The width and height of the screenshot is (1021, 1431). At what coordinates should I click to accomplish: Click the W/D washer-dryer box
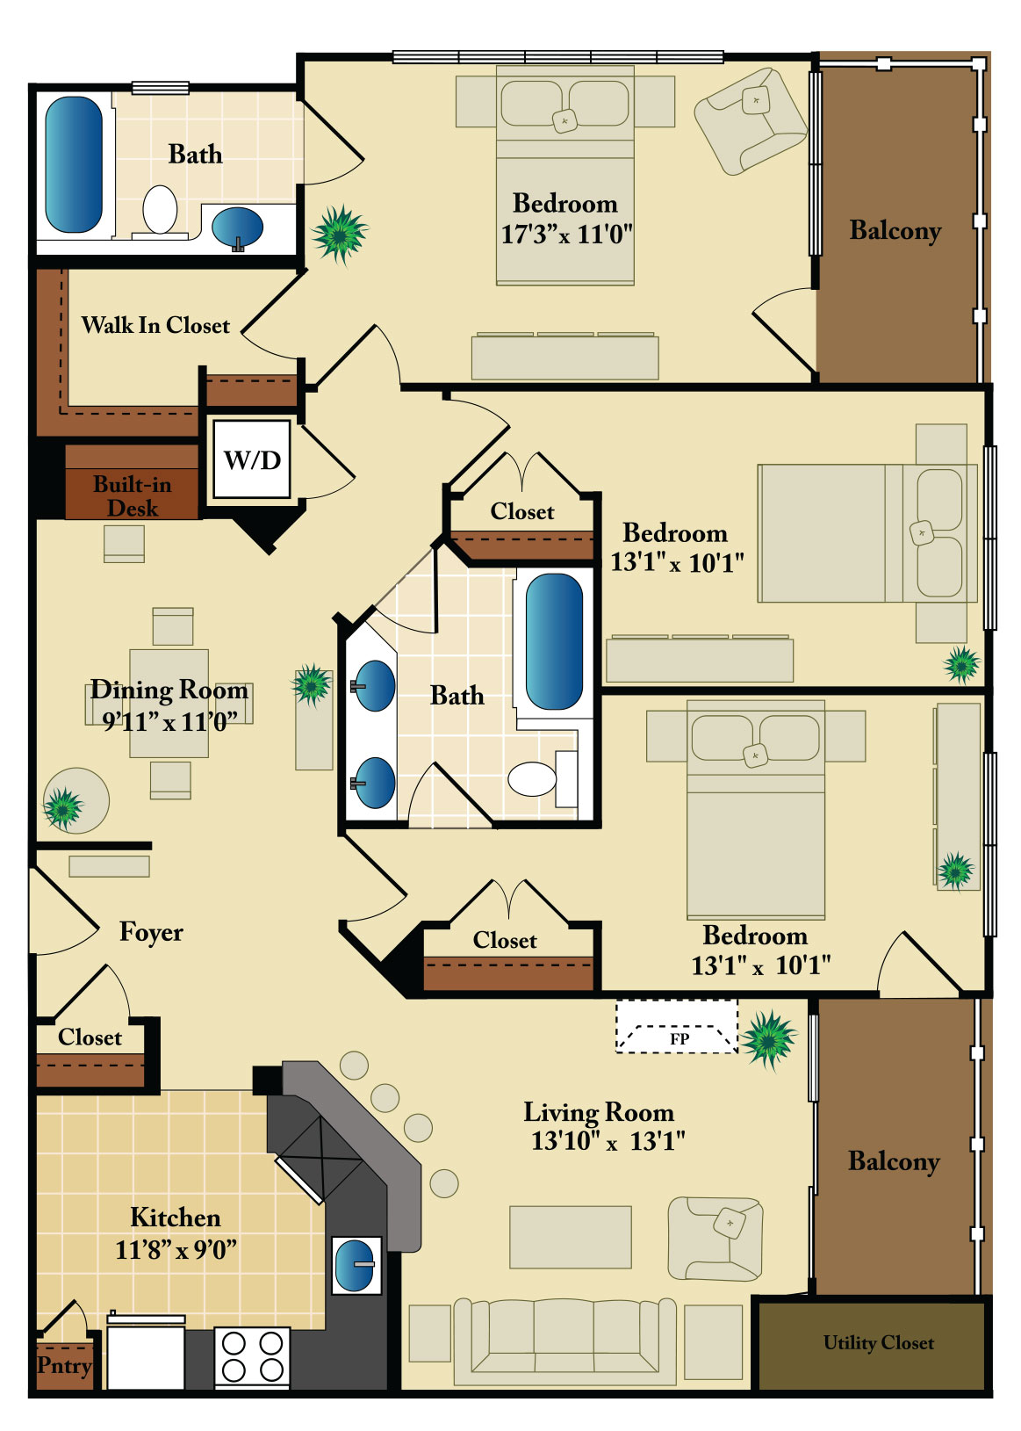coord(252,459)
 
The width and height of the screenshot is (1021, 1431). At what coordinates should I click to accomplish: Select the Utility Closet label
coord(878,1343)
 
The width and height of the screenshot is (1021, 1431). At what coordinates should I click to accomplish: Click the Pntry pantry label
coord(64,1365)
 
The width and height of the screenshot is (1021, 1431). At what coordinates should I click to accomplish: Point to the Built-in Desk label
coord(133,495)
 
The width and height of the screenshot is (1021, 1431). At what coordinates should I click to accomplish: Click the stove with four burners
coord(252,1356)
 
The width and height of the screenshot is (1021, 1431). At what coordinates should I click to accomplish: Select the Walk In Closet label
coord(155,325)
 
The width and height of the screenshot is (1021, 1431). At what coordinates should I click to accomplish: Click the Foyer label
coord(151,932)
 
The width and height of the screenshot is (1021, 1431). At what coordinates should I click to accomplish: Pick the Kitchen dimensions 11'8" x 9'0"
coord(176,1249)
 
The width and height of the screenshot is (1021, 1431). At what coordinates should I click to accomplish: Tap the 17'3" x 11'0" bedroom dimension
coord(566,235)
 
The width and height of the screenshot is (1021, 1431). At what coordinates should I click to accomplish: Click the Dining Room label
coord(169,690)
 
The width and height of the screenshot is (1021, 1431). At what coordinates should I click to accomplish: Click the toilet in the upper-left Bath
coord(160,210)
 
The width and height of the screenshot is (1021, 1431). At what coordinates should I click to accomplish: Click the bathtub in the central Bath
coord(554,641)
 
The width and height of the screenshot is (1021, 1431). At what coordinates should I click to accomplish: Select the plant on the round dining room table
coord(62,808)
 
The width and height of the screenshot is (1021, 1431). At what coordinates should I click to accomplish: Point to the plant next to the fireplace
coord(768,1039)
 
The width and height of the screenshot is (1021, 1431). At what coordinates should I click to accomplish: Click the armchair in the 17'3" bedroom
coord(751,120)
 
